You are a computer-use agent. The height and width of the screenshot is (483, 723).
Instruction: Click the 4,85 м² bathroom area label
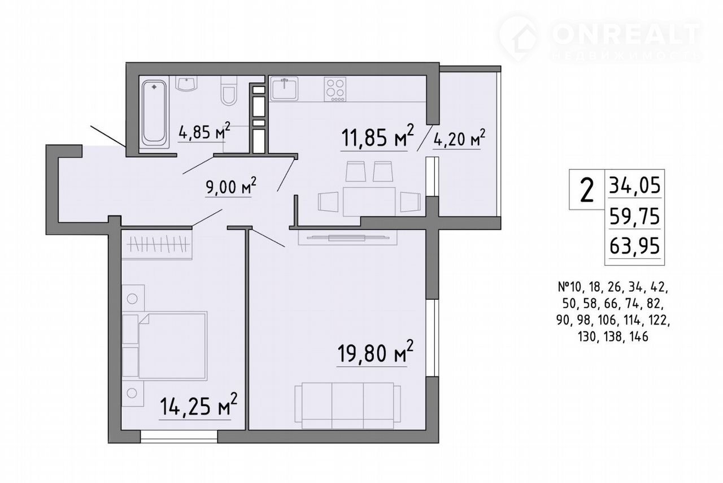(204, 131)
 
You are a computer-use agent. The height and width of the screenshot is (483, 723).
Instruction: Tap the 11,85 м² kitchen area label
(377, 136)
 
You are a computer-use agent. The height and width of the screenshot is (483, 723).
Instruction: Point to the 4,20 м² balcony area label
(459, 139)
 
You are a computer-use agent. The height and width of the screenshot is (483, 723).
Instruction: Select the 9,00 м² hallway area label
(231, 186)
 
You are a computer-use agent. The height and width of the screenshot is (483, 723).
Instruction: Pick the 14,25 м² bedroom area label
(198, 406)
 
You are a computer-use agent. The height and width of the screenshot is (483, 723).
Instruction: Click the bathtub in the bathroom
(154, 112)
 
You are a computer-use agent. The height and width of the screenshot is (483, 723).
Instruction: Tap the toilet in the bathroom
(229, 90)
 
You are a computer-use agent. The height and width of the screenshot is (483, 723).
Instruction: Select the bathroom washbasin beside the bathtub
(186, 84)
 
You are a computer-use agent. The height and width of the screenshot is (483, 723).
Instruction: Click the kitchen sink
(284, 88)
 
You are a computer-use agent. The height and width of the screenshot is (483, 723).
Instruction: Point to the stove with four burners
(335, 89)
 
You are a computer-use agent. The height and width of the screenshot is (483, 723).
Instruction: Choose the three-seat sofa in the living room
(348, 406)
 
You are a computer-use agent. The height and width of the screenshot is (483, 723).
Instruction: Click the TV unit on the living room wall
(347, 238)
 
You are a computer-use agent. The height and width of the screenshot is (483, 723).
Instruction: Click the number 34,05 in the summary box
(634, 187)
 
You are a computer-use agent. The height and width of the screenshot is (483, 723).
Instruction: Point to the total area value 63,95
(634, 247)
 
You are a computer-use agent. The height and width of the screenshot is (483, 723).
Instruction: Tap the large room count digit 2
(587, 190)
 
